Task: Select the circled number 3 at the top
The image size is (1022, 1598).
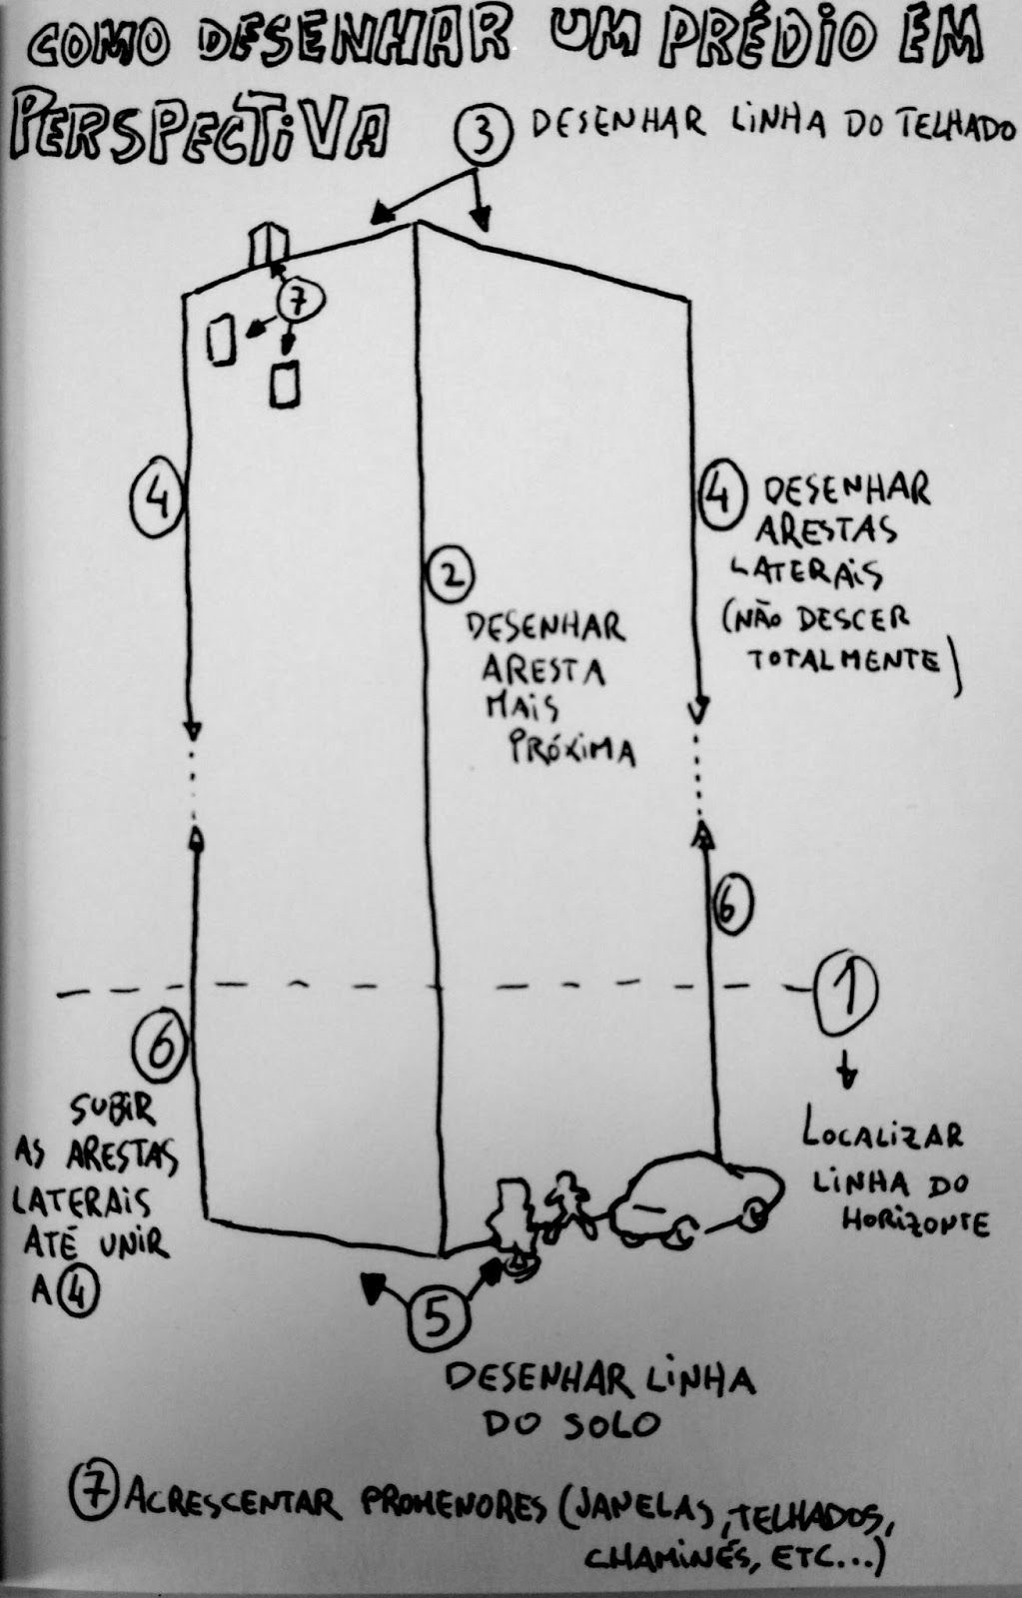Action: click(484, 137)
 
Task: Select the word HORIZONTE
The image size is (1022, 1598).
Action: click(914, 1221)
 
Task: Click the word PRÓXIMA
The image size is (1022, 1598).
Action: click(572, 747)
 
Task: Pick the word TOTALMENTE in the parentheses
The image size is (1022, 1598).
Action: click(844, 660)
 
